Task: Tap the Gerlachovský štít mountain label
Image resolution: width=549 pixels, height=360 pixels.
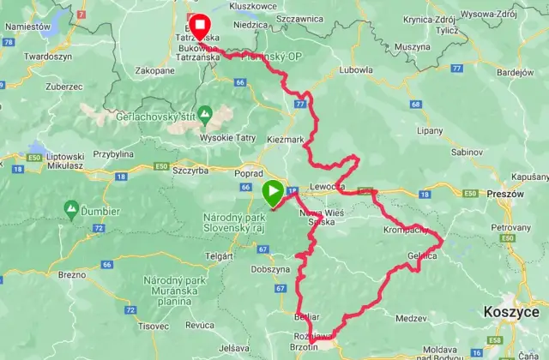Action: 206,114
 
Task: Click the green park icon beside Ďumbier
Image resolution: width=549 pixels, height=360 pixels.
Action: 71,207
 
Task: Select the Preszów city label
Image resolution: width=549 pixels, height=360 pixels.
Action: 503,195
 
